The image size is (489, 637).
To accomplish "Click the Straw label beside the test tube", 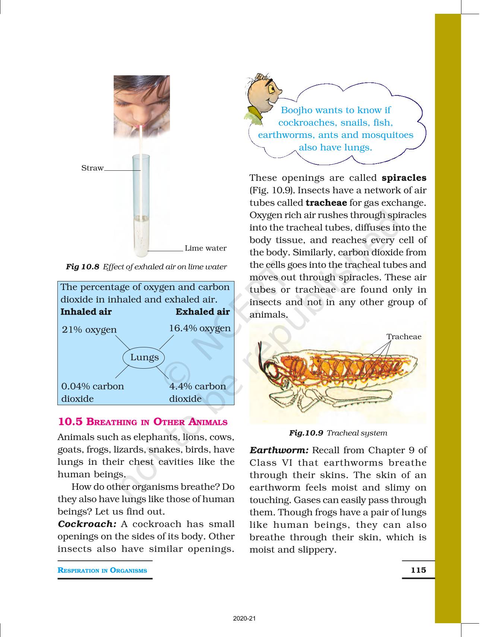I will [x=92, y=168].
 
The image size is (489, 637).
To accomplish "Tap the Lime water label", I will [x=205, y=248].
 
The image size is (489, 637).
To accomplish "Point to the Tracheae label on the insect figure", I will [x=404, y=337].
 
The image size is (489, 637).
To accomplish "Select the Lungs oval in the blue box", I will [x=144, y=357].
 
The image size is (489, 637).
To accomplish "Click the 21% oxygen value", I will [x=89, y=330].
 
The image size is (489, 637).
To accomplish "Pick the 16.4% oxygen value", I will [x=200, y=328].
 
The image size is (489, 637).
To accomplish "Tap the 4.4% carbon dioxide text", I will [x=197, y=392].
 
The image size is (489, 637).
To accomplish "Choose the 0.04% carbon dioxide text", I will [x=92, y=392].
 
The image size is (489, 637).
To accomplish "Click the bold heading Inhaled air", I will [x=86, y=312].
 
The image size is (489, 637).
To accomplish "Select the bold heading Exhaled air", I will [x=203, y=312].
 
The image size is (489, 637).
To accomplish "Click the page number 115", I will [x=418, y=570].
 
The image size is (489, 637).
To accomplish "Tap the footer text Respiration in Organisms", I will [x=102, y=570].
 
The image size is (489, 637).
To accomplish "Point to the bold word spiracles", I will [x=404, y=178].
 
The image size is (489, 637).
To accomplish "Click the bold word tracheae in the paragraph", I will [x=326, y=203].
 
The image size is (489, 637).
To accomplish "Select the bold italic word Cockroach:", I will [x=87, y=524].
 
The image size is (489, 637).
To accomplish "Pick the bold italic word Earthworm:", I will [x=279, y=450].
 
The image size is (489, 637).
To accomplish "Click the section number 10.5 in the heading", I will [x=70, y=422].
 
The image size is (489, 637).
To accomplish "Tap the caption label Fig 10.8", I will [x=82, y=267].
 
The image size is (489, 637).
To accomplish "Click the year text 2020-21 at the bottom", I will [x=245, y=619].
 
